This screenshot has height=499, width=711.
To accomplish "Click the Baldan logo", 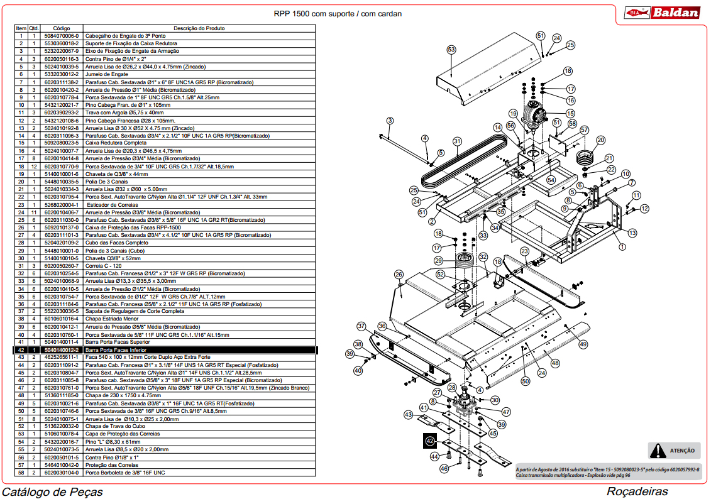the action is pyautogui.click(x=661, y=12).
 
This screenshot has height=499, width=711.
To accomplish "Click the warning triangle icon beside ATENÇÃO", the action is pyautogui.click(x=658, y=451).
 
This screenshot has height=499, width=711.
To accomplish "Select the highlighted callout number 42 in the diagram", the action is pyautogui.click(x=430, y=441).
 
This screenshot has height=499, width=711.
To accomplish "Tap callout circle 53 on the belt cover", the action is pyautogui.click(x=451, y=50).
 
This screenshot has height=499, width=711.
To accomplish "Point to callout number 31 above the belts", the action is pyautogui.click(x=457, y=141).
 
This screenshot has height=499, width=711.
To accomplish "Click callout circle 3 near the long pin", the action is pyautogui.click(x=390, y=121).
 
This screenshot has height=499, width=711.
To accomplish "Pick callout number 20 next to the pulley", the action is pyautogui.click(x=601, y=140).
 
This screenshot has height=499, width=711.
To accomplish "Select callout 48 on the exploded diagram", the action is pyautogui.click(x=555, y=363).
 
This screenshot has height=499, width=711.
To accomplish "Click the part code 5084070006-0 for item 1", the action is pyautogui.click(x=61, y=36).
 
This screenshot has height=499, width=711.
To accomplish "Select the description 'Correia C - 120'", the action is pyautogui.click(x=103, y=266).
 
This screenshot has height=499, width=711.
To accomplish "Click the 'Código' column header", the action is pyautogui.click(x=62, y=28).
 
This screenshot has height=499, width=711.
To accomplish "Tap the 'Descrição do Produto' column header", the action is pyautogui.click(x=199, y=28).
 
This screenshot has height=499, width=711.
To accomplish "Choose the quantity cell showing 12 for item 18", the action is pyautogui.click(x=34, y=167).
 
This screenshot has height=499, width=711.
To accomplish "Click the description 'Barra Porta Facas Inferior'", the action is pyautogui.click(x=116, y=350).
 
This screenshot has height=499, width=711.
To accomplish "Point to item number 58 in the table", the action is pyautogui.click(x=21, y=473).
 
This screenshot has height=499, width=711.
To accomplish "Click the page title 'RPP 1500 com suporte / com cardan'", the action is pyautogui.click(x=338, y=14).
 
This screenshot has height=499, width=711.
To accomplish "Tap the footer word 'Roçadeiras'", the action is pyautogui.click(x=637, y=491).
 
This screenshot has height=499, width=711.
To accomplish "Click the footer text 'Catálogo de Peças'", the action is pyautogui.click(x=53, y=491).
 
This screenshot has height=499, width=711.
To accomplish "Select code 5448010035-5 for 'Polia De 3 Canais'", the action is pyautogui.click(x=61, y=182).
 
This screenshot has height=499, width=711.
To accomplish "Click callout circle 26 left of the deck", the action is pyautogui.click(x=399, y=274).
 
